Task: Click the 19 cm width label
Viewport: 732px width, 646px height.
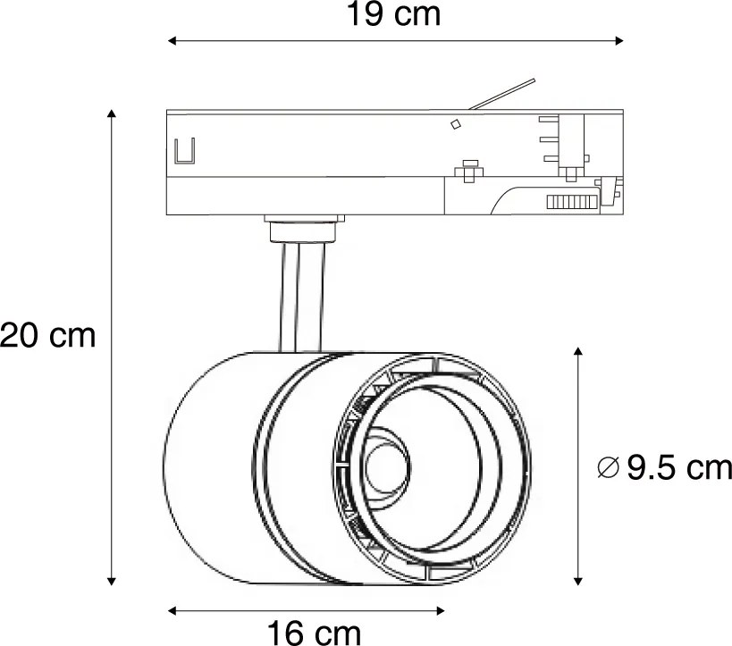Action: pos(394,15)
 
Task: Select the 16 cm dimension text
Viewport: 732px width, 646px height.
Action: pos(315,633)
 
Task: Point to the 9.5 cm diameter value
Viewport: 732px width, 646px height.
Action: pos(679,467)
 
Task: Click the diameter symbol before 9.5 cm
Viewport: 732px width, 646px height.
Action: pos(607,467)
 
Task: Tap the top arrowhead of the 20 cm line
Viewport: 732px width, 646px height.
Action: pos(112,114)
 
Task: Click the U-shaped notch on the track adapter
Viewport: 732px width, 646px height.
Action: pos(185,152)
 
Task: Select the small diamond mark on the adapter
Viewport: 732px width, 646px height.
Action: pos(455,124)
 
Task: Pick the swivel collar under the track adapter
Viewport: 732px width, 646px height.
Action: pos(303,229)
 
